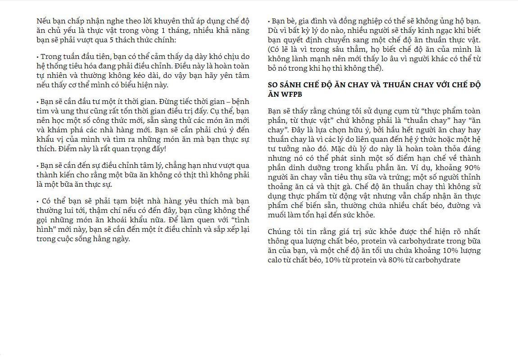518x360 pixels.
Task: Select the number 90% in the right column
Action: [472, 167]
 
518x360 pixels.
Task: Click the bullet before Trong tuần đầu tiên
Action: [38, 57]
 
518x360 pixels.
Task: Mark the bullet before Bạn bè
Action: [269, 21]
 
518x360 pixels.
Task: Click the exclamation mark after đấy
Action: [164, 148]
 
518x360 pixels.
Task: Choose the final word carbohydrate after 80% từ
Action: [437, 260]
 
